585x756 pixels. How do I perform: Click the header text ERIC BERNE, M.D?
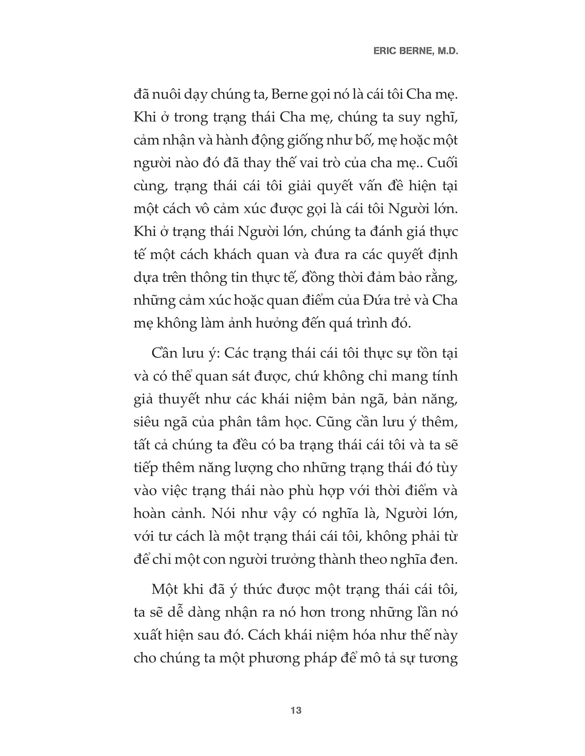(x=416, y=51)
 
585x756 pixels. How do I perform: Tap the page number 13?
(x=296, y=711)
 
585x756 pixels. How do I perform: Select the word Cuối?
(x=442, y=163)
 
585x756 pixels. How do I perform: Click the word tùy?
(x=447, y=468)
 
